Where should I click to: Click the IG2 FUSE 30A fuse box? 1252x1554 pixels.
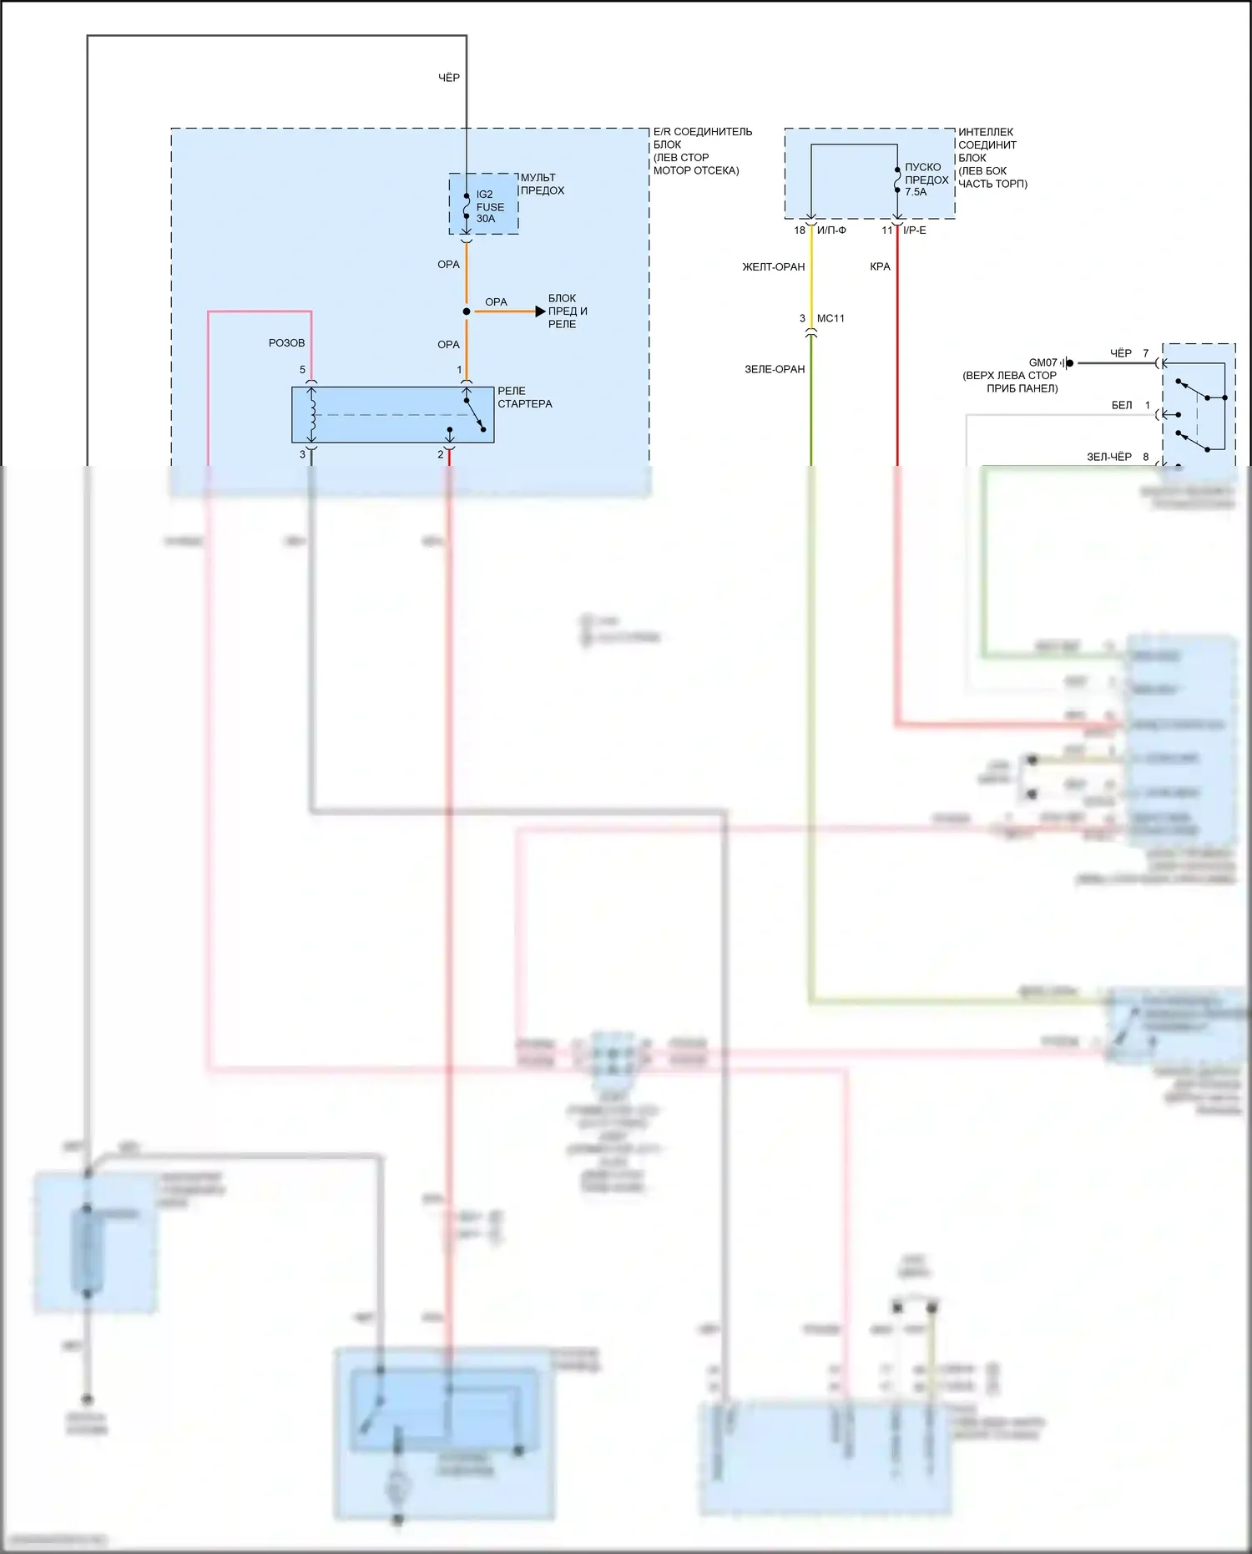click(x=484, y=205)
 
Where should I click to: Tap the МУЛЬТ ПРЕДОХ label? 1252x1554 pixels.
click(x=543, y=184)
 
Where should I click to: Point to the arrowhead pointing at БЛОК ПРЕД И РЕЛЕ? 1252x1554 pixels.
click(x=540, y=311)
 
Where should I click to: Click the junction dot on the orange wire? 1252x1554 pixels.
click(x=467, y=311)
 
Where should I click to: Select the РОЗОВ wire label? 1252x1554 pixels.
click(x=286, y=343)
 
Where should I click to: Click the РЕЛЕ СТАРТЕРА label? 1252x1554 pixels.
click(x=524, y=397)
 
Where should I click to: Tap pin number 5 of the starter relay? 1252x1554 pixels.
click(x=303, y=370)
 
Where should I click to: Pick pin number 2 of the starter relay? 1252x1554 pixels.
click(x=441, y=455)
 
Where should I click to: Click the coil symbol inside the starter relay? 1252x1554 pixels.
click(x=312, y=414)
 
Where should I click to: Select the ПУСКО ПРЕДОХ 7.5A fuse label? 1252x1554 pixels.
click(x=926, y=180)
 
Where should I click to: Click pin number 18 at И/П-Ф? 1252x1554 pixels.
click(x=800, y=230)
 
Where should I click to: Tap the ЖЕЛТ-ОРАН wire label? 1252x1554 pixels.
click(x=774, y=267)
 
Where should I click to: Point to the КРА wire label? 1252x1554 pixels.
click(x=880, y=267)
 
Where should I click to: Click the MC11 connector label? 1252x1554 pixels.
click(x=830, y=319)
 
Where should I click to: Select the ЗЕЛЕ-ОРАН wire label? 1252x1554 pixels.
click(x=775, y=369)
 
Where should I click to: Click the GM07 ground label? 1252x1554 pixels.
click(x=1042, y=363)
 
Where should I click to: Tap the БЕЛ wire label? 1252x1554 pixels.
click(x=1122, y=406)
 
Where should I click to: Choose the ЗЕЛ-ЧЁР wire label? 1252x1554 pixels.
click(x=1108, y=457)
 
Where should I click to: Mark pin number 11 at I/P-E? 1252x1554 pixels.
click(x=886, y=230)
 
